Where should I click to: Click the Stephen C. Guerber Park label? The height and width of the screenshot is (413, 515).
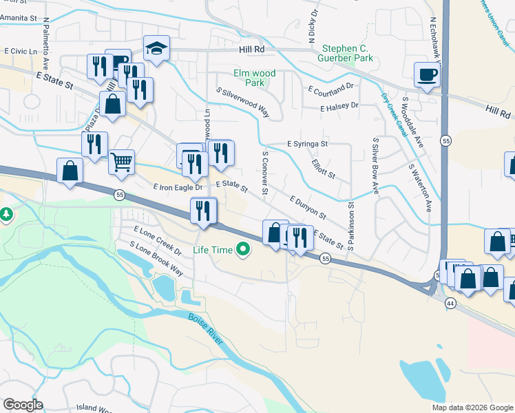pyautogui.click(x=348, y=54)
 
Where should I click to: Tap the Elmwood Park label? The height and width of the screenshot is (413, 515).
pyautogui.click(x=255, y=78)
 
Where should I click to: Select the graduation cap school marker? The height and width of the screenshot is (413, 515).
pyautogui.click(x=156, y=48)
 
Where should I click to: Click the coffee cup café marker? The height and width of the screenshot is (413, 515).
pyautogui.click(x=427, y=74)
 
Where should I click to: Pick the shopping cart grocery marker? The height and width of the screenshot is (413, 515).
pyautogui.click(x=121, y=162)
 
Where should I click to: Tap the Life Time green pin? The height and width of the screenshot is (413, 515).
pyautogui.click(x=242, y=250)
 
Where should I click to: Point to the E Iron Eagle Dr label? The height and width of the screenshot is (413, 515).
pyautogui.click(x=178, y=187)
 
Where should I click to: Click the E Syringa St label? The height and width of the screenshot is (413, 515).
pyautogui.click(x=307, y=145)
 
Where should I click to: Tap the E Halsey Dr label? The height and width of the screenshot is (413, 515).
pyautogui.click(x=339, y=106)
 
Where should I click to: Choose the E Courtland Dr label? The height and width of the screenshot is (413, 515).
pyautogui.click(x=330, y=89)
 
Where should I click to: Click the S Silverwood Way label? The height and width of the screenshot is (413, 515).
pyautogui.click(x=242, y=102)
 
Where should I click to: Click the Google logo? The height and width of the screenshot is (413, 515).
pyautogui.click(x=23, y=405)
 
